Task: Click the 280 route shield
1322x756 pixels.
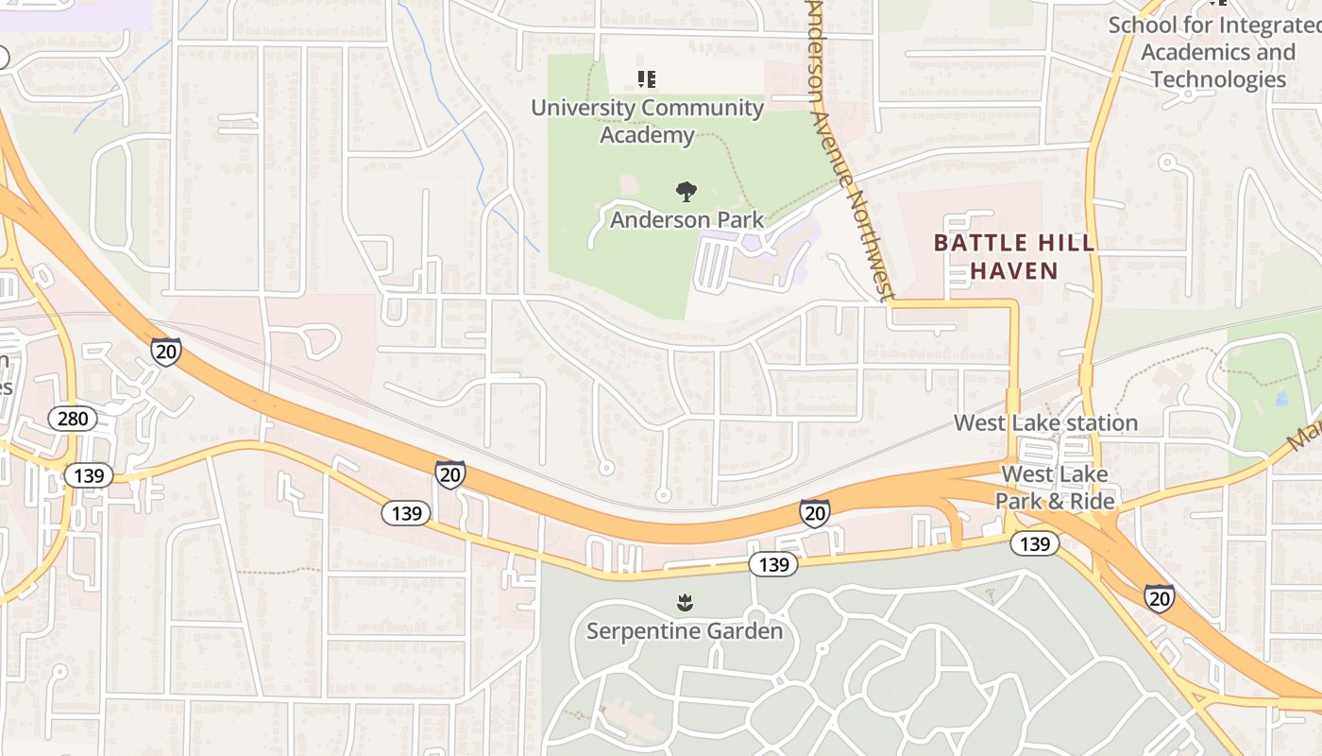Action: point(73,419)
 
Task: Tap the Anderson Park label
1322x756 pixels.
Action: point(686,220)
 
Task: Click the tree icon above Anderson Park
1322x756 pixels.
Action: point(686,193)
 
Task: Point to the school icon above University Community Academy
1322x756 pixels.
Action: point(647,79)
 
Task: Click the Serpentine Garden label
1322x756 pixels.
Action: point(685,630)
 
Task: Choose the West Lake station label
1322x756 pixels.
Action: point(1045,422)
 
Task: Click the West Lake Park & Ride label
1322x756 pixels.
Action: point(1055,488)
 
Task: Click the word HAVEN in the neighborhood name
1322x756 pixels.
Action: point(1014,271)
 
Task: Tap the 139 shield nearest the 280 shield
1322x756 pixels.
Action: point(89,475)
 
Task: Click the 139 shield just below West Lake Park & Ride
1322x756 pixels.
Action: point(1035,543)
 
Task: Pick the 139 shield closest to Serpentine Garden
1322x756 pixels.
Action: point(773,564)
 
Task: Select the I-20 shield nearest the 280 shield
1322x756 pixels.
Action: point(165,352)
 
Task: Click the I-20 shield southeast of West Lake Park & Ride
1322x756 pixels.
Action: point(1160,597)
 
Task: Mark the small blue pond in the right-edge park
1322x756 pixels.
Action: point(1281,398)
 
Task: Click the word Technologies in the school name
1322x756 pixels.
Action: point(1218,79)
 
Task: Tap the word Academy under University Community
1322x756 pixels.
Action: point(647,135)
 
